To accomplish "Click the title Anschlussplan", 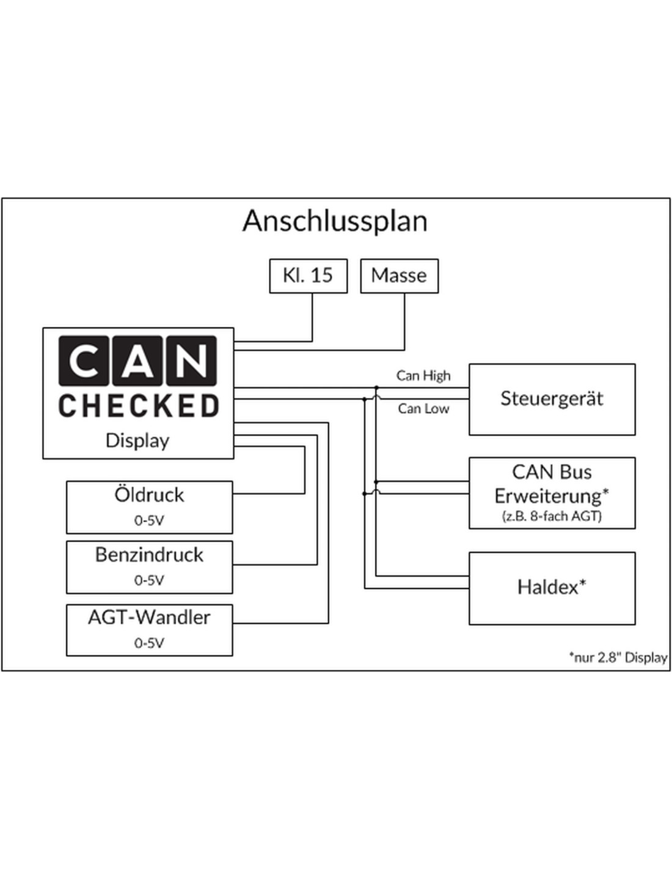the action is coord(335,221).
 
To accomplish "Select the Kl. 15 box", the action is coord(309,276).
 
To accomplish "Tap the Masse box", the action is coord(400,276).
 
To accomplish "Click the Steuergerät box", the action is coord(552,399).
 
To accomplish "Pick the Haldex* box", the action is coord(552,588).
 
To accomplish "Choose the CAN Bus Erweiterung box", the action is coord(552,493).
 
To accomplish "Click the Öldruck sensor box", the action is coord(150,507).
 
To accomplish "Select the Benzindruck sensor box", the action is coord(150,567).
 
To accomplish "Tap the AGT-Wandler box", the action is coord(150,630).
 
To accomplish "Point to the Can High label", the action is coord(423,376).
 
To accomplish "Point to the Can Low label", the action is coord(423,409).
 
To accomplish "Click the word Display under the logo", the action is coord(137,441).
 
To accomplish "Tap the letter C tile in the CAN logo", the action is coord(83,361).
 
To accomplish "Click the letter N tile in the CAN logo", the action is coord(191,361).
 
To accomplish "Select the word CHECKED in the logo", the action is coord(139,406).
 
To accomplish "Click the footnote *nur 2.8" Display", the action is coord(618,658).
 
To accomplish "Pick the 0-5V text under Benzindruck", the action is coord(149,581).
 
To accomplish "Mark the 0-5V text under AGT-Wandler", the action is coord(149,643).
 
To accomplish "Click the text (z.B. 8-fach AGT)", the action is coord(552,516).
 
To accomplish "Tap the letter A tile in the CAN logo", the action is coord(137,361).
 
